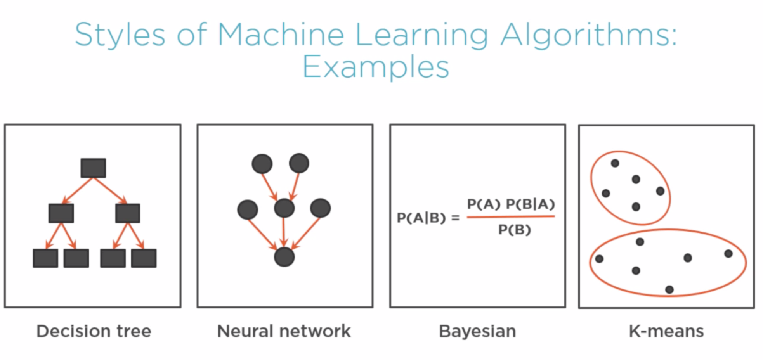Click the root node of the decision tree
pyautogui.click(x=93, y=168)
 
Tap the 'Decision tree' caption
pyautogui.click(x=94, y=331)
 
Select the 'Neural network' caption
pyautogui.click(x=284, y=331)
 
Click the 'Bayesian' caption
pyautogui.click(x=477, y=331)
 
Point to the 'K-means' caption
pyautogui.click(x=666, y=331)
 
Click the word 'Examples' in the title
pyautogui.click(x=375, y=67)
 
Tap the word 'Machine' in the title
pyautogui.click(x=281, y=35)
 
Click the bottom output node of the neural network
pyautogui.click(x=284, y=257)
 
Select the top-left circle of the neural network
pyautogui.click(x=262, y=164)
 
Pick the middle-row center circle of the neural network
pyautogui.click(x=284, y=208)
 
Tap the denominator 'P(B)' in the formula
pyautogui.click(x=514, y=230)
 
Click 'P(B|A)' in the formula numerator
pyautogui.click(x=531, y=204)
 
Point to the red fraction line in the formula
pyautogui.click(x=511, y=217)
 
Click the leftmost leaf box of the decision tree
pyautogui.click(x=45, y=258)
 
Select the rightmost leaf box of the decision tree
pyautogui.click(x=144, y=258)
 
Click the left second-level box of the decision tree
pyautogui.click(x=61, y=213)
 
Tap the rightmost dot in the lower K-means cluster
pyautogui.click(x=728, y=254)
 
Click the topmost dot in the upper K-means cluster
pyautogui.click(x=615, y=163)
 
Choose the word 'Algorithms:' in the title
pyautogui.click(x=588, y=35)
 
